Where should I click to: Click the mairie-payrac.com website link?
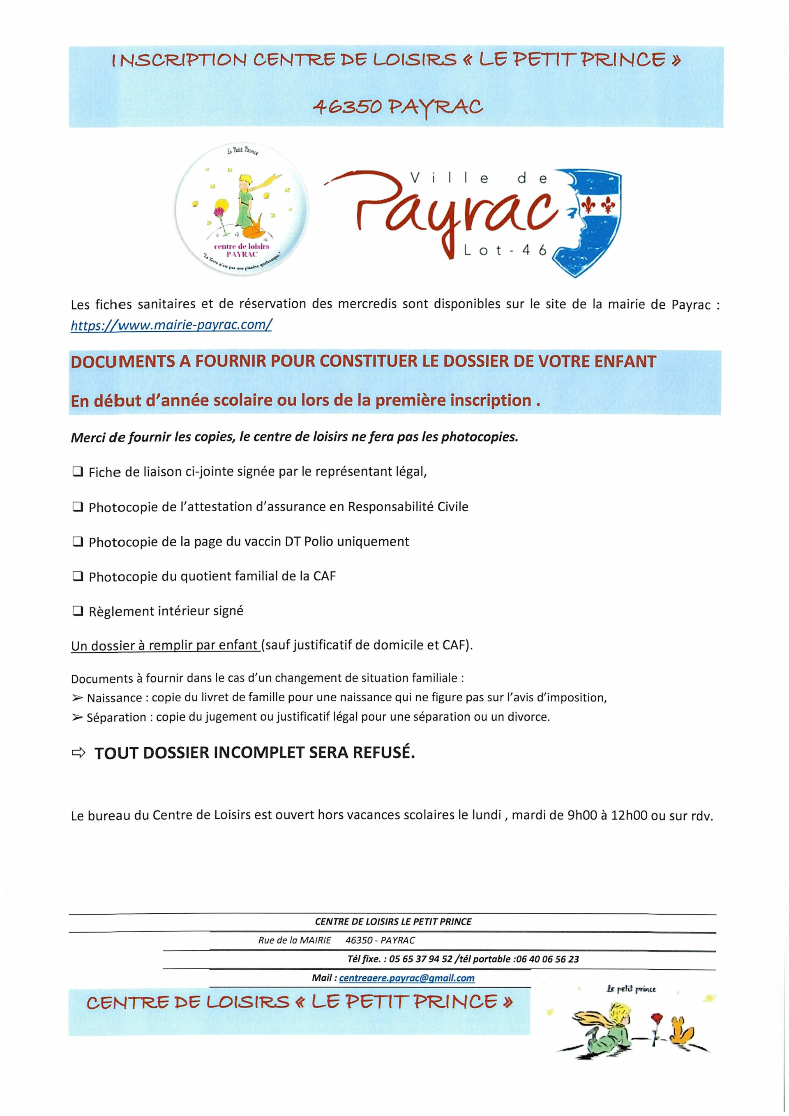(171, 325)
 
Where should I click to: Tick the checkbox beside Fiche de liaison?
(77, 471)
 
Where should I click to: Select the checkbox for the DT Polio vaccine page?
(77, 541)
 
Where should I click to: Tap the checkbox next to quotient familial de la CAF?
(77, 576)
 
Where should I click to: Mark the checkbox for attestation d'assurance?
(77, 507)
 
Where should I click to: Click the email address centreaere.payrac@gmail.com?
(407, 977)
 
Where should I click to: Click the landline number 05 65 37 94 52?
(421, 959)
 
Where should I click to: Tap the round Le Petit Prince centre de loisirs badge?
(242, 212)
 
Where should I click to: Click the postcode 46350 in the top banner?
(346, 106)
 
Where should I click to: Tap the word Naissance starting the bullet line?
(114, 698)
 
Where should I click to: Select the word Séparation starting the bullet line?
(116, 717)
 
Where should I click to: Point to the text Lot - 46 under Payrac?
(505, 251)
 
